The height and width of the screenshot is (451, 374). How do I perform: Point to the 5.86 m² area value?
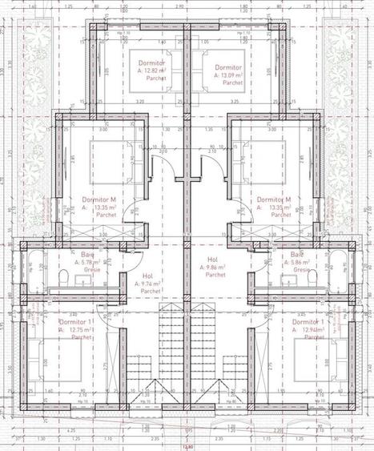298,263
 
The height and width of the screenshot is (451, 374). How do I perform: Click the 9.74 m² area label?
150,284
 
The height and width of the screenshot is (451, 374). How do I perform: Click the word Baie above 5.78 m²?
87,255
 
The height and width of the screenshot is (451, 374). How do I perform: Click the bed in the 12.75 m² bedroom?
50,354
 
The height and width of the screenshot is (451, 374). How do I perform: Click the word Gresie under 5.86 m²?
301,270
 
